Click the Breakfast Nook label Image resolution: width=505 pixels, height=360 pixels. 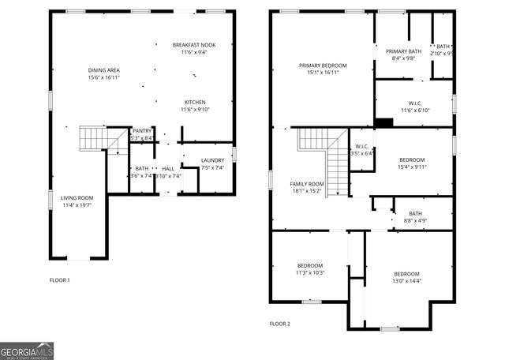tap(194, 46)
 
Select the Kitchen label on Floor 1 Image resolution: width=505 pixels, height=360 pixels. tap(195, 103)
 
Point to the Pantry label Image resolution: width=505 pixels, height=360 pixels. tap(142, 131)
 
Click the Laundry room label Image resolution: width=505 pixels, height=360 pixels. tap(213, 160)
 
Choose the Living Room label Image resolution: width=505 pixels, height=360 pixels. tap(77, 197)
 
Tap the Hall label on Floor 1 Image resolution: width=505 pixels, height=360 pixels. tap(168, 169)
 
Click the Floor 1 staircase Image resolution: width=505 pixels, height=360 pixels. tap(92, 140)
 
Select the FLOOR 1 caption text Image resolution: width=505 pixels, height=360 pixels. tap(60, 280)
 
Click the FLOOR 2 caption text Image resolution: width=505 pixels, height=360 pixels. tap(280, 324)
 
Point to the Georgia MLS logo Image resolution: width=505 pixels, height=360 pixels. tap(27, 351)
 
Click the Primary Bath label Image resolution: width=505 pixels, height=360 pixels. tap(403, 52)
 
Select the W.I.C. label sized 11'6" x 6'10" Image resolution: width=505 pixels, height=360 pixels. tap(415, 103)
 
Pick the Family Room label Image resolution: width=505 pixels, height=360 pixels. tap(307, 183)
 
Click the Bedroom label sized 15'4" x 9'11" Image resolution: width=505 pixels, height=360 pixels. tap(412, 160)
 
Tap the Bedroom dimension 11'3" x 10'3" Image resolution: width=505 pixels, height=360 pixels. tap(310, 272)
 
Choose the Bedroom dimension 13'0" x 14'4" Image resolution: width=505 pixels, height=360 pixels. tap(407, 280)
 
